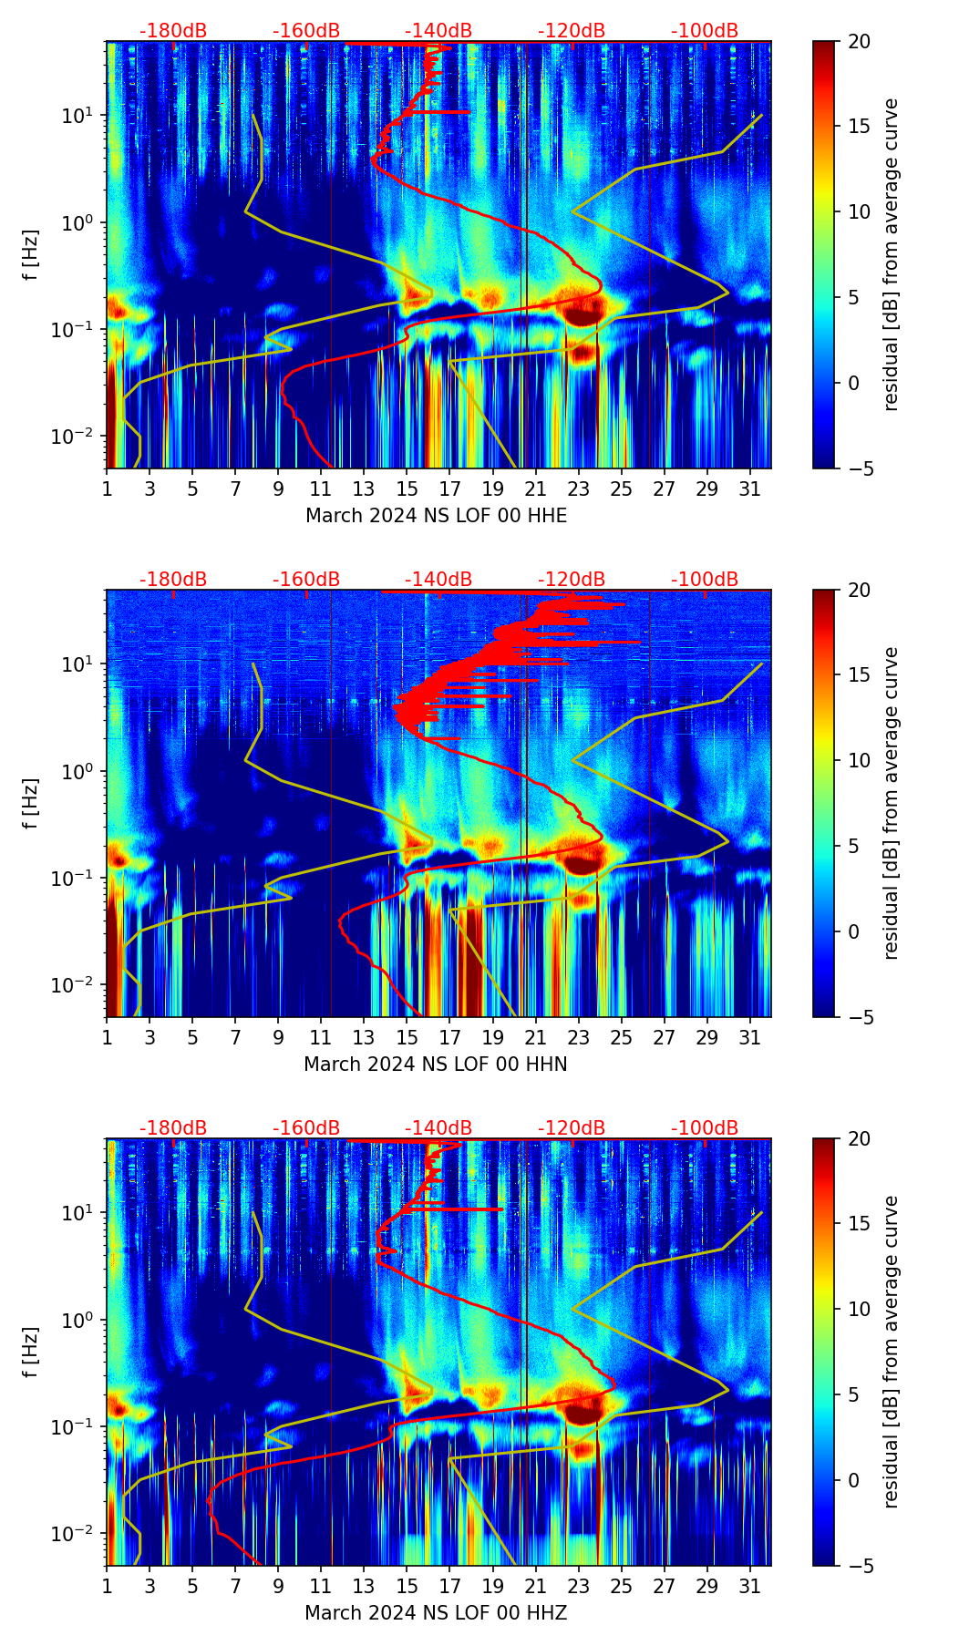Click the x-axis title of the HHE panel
(x=436, y=516)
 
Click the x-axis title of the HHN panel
(x=436, y=1065)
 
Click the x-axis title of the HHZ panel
(x=436, y=1613)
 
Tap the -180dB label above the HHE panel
(x=173, y=31)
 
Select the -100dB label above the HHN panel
(x=705, y=580)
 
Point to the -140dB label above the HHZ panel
(x=438, y=1128)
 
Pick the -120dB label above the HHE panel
(x=572, y=31)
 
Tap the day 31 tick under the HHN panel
(x=750, y=1036)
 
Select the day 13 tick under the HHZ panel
(x=364, y=1585)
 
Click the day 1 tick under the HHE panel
(x=107, y=488)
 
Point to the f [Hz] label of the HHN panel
(x=32, y=803)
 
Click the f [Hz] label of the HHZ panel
(x=32, y=1352)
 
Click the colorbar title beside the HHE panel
(x=892, y=254)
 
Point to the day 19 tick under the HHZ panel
(x=492, y=1585)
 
